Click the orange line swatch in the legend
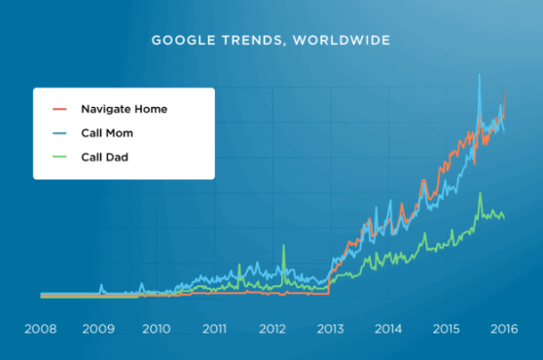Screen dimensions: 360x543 [58, 109]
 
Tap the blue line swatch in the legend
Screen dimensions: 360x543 [58, 132]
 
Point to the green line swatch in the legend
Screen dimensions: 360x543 [58, 156]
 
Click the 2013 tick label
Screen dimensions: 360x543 [330, 328]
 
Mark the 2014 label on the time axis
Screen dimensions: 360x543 [387, 328]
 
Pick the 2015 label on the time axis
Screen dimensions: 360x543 [445, 328]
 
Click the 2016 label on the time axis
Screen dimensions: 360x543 [502, 328]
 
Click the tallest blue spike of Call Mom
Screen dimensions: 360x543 [478, 76]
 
